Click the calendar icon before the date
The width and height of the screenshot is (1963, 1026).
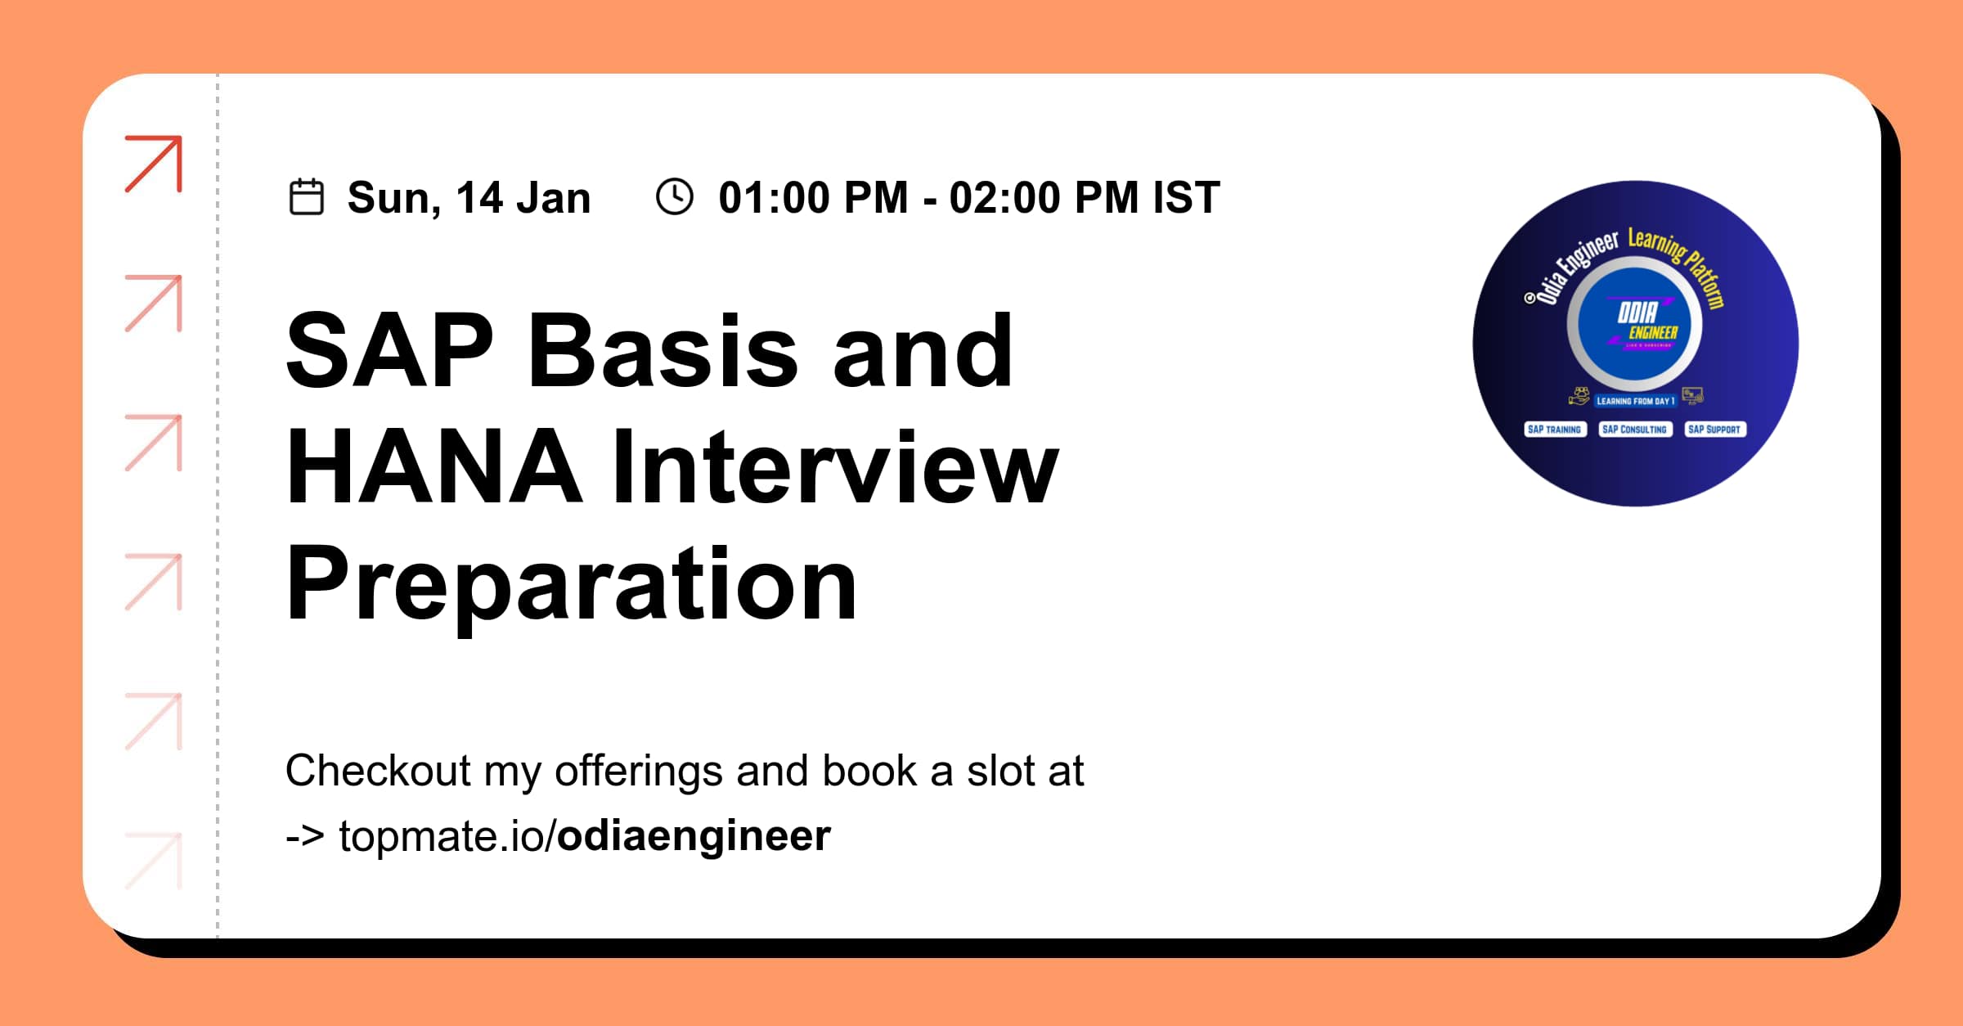[x=307, y=197]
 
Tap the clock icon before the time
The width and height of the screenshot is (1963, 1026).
[x=675, y=197]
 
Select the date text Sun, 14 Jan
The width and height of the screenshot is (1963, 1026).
[x=469, y=198]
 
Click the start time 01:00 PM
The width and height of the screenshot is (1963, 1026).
[x=813, y=198]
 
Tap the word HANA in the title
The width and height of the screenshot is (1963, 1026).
[x=434, y=468]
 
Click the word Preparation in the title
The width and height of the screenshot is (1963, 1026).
[x=572, y=586]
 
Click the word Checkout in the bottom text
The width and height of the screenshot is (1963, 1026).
[x=378, y=771]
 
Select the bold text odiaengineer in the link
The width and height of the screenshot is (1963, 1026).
[x=694, y=836]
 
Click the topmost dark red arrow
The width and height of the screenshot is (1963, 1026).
[x=154, y=164]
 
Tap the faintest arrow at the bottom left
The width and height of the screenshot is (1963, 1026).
[x=154, y=861]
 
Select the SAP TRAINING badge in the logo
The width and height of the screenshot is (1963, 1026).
[x=1554, y=430]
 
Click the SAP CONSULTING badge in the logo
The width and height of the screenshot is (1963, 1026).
[x=1634, y=430]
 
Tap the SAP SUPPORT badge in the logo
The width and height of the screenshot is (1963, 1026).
[x=1714, y=430]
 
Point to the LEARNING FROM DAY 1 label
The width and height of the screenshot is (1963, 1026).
[x=1635, y=401]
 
